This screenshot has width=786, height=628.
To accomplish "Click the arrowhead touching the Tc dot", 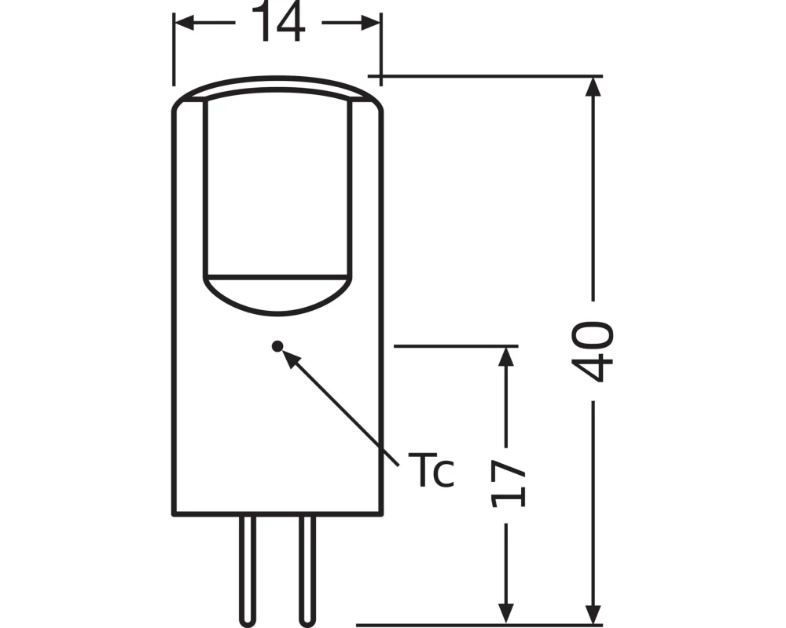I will point(289,357).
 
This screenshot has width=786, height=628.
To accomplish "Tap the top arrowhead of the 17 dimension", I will point(507,356).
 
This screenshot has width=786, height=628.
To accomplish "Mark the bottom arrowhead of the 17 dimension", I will point(507,607).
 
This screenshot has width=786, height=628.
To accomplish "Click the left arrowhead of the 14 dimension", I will point(183,23).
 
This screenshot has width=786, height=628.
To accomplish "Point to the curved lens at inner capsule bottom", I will point(276,294).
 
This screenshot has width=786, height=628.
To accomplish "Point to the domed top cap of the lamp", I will point(277,88).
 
